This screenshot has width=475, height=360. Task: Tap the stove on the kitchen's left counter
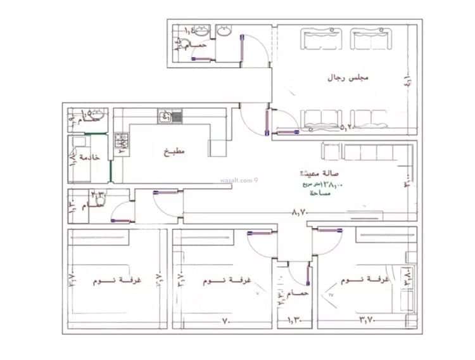pos(120,145)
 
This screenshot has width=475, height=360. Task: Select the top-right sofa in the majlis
pos(372,42)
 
